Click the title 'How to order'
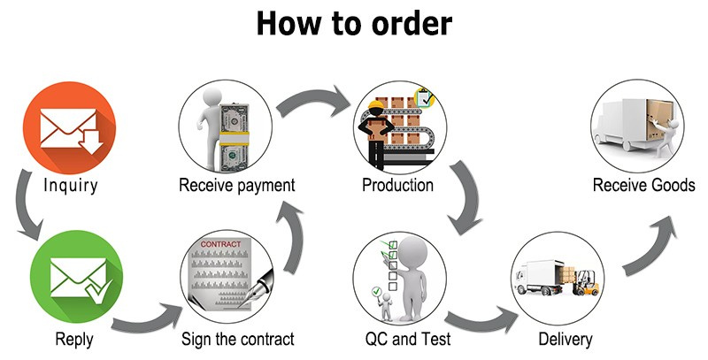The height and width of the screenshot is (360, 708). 354,23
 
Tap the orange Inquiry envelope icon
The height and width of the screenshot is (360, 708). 69,127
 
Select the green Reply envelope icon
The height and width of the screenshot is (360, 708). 76,277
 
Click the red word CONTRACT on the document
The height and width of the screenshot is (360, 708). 220,244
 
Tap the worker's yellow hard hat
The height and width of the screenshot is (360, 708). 375,105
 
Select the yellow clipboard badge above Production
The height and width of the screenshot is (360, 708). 424,97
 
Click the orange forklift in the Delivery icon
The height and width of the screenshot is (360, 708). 586,283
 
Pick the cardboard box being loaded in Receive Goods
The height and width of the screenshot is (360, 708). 658,119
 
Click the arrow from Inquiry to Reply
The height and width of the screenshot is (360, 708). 28,204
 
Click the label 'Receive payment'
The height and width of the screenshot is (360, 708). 236,185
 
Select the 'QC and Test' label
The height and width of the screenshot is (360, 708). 408,339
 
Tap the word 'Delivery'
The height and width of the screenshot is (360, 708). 566,340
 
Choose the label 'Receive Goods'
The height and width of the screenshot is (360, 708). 644,185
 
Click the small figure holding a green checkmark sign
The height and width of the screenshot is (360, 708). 384,303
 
